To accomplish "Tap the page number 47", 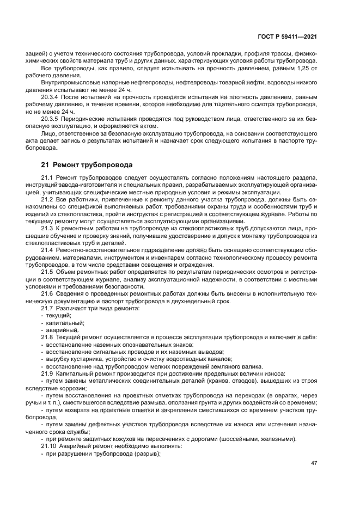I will click(314, 463).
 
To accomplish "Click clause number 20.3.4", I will click(51, 96).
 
